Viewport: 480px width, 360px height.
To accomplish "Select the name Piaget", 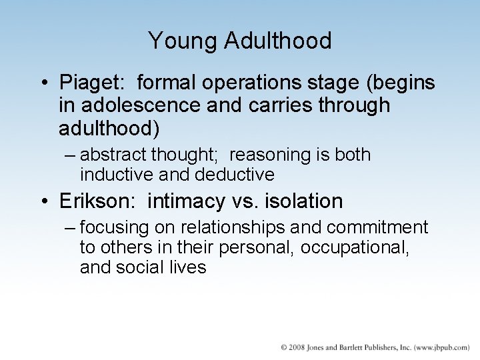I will [93, 84].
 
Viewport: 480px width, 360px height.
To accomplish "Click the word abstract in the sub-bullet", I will [114, 155].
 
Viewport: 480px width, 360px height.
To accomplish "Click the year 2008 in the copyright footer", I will [298, 348].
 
